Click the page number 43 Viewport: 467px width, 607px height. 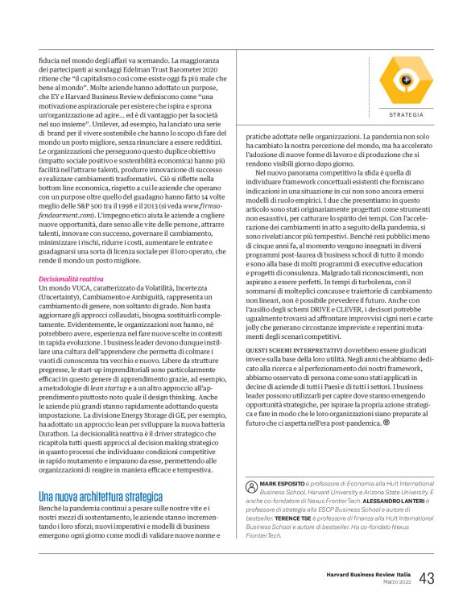click(427, 578)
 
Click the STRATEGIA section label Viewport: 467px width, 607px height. click(406, 114)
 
